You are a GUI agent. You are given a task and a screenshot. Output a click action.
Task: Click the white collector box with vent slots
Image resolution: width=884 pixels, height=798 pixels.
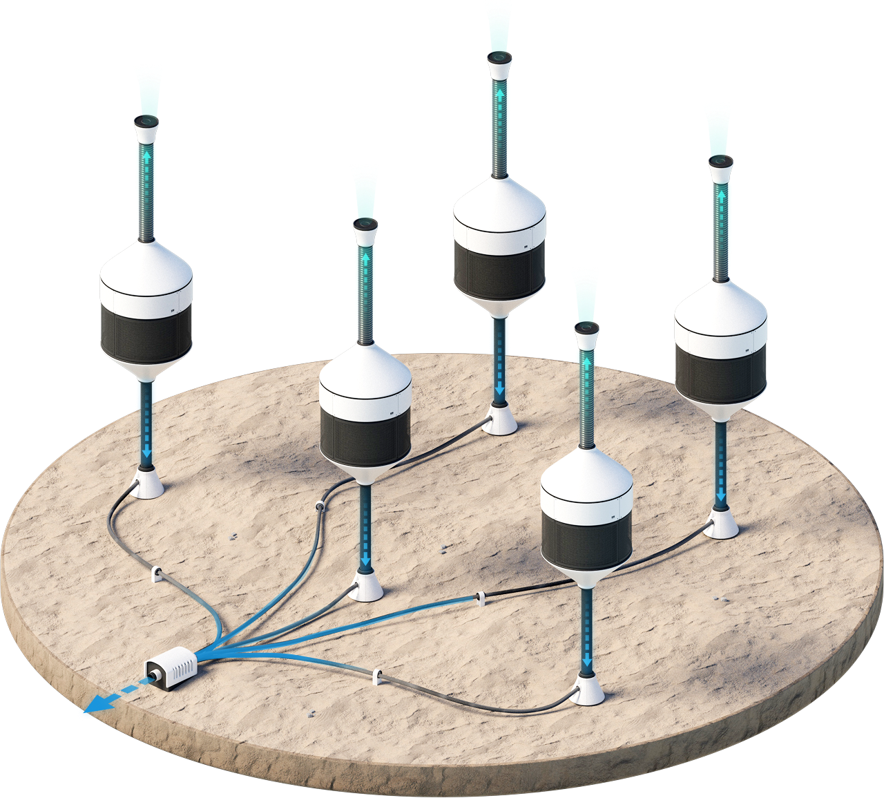(x=171, y=667)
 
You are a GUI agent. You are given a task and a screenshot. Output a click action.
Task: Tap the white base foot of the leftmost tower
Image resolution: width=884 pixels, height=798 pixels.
(x=147, y=484)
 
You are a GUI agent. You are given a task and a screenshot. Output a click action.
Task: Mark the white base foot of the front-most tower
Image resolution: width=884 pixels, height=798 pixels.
(x=588, y=692)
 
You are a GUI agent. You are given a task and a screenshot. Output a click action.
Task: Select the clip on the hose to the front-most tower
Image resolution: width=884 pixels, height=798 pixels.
(x=377, y=676)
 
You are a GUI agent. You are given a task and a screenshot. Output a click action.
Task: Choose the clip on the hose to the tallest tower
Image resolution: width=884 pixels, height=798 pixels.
(x=320, y=507)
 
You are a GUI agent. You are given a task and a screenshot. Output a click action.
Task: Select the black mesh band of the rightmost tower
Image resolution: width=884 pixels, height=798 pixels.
(x=720, y=373)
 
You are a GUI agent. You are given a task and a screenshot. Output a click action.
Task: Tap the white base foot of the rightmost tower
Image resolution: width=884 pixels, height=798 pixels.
(x=722, y=526)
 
